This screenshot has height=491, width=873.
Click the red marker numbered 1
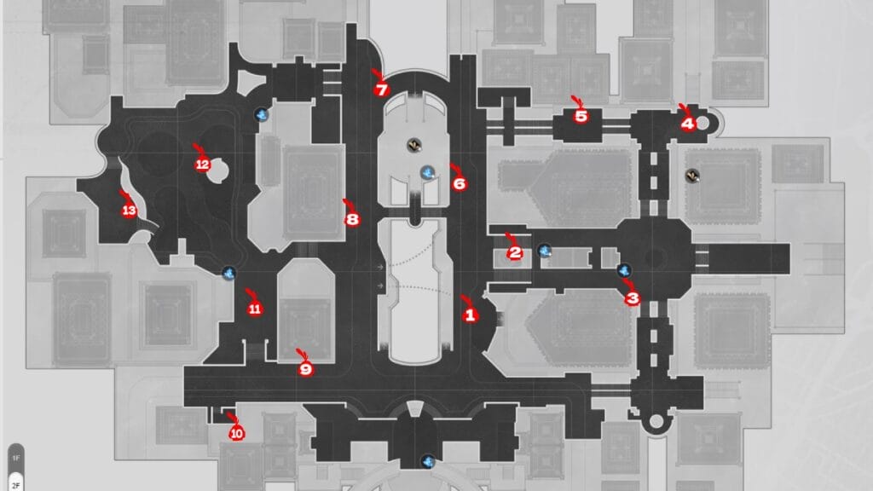point(467,314)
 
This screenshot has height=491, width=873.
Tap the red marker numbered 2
point(514,252)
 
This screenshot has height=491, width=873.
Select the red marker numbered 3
point(632,298)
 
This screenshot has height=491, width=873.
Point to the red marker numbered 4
point(687,123)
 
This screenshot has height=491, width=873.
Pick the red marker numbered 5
point(581,116)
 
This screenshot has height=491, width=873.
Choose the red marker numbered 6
point(460,182)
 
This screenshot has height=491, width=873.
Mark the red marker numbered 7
point(381,89)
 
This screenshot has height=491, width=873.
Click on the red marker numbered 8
point(353,219)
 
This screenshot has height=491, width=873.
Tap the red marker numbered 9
point(306,369)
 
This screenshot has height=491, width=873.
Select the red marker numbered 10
point(236,433)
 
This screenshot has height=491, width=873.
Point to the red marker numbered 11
point(255,309)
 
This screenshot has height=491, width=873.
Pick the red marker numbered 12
point(203,165)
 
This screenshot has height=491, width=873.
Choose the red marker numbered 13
point(129,211)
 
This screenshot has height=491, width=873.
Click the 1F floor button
point(16,458)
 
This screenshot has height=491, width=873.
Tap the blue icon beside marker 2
point(544,251)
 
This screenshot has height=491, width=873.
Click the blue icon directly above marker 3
point(624,270)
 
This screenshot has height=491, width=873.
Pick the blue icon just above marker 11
point(228,272)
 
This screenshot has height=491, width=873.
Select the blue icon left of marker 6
point(429,172)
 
